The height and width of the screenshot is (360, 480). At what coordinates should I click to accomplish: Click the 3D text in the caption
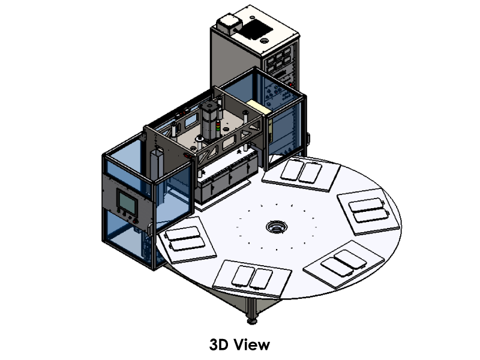(x=219, y=344)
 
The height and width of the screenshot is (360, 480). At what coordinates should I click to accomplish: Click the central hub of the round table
(x=277, y=227)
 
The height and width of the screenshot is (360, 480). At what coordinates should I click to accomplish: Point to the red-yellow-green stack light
(x=218, y=126)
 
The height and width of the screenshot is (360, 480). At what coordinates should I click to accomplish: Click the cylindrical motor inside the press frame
(x=209, y=122)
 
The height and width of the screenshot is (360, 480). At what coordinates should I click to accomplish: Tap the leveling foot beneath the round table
(x=252, y=321)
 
